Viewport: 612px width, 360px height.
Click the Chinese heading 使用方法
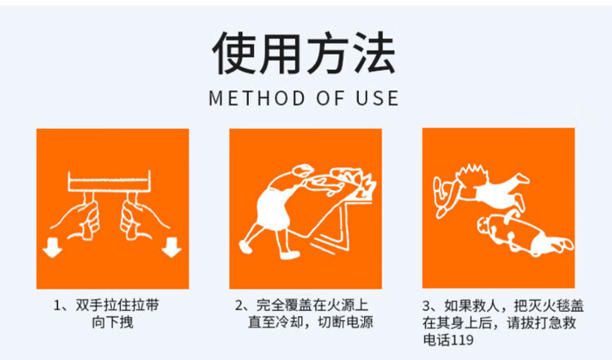[304, 53]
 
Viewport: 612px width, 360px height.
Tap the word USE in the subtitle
[378, 98]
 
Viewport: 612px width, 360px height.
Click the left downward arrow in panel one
[52, 247]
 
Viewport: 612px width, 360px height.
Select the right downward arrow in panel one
[171, 247]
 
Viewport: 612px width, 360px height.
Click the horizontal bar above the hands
[109, 181]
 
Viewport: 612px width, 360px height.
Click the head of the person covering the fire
[303, 171]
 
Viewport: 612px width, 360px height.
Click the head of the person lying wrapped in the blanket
[486, 225]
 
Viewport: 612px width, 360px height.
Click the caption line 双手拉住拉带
[117, 305]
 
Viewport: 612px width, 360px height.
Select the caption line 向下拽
[113, 322]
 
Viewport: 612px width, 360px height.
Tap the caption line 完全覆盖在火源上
[313, 305]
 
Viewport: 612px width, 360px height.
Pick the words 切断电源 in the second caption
[346, 322]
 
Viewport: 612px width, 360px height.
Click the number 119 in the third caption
[462, 340]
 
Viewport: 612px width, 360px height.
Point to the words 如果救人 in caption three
[472, 306]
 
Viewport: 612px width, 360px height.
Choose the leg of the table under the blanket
[344, 226]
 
